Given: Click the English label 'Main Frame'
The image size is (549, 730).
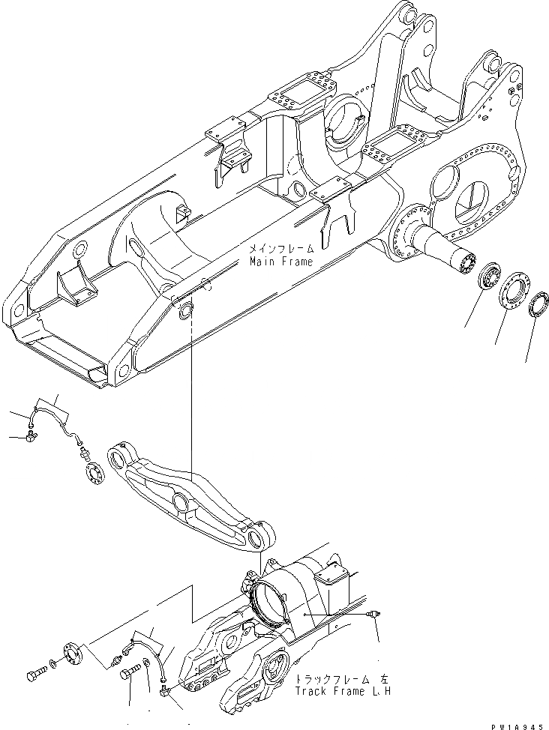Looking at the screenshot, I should point(281,262).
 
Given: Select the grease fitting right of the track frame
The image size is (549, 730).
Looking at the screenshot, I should point(371,614).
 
